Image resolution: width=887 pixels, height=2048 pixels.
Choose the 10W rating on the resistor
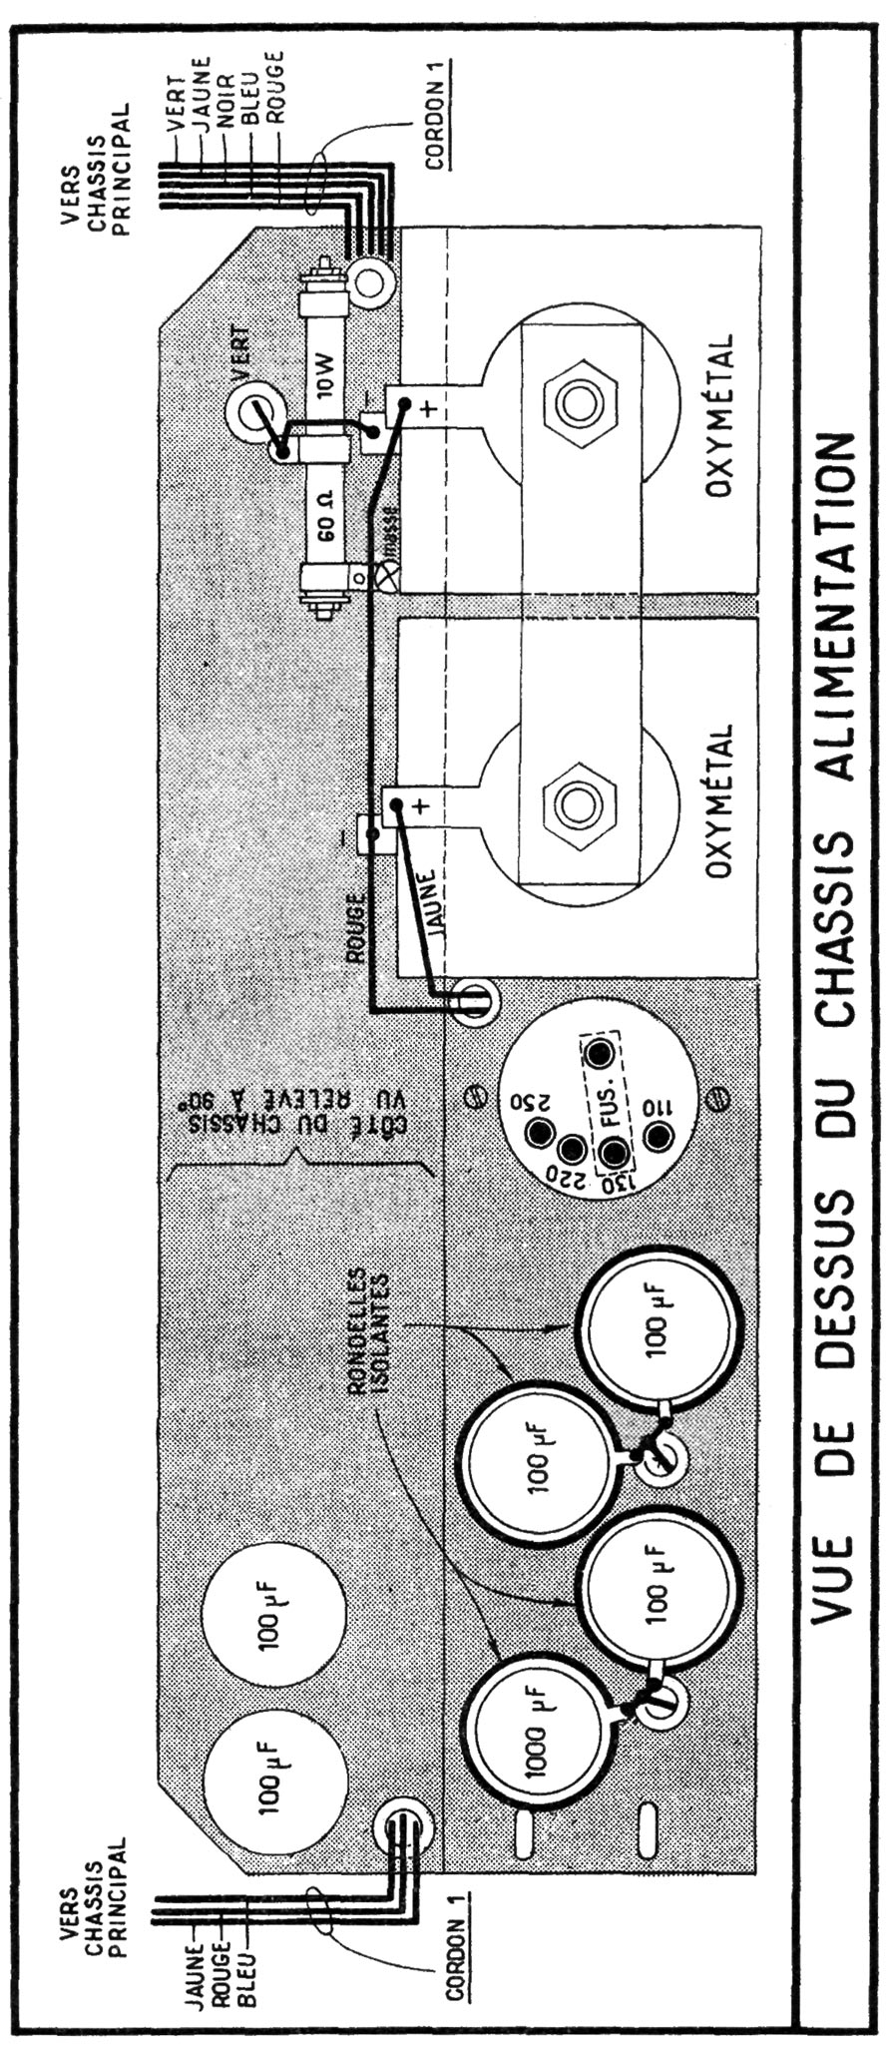[x=323, y=380]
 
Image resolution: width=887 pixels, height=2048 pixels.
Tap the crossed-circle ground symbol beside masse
[x=385, y=577]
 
